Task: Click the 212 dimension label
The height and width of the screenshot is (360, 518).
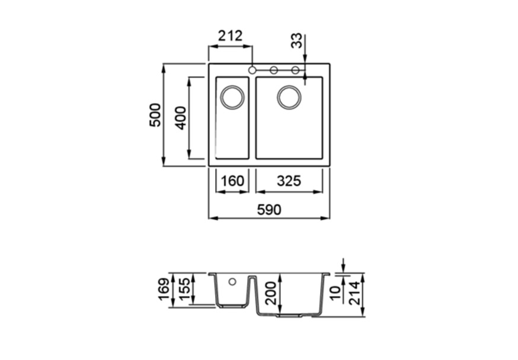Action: tap(231, 36)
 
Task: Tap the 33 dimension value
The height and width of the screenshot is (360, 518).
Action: tap(296, 41)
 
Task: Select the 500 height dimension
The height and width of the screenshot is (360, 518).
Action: tap(155, 115)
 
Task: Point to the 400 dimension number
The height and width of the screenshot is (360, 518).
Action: tap(180, 118)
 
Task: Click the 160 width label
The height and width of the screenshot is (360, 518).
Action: tap(232, 181)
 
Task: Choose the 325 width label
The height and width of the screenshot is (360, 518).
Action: tap(289, 181)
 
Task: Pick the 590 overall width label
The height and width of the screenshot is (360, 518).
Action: tap(269, 210)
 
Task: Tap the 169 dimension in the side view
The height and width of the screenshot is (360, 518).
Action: tap(164, 290)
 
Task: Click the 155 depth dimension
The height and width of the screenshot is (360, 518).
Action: tap(184, 289)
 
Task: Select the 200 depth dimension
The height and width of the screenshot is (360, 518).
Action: tap(270, 293)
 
